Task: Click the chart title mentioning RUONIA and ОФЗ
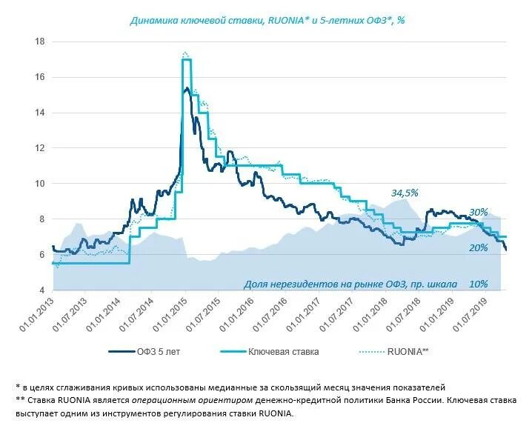(267, 21)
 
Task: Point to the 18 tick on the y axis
(39, 41)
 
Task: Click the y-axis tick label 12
(39, 148)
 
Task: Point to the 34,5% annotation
(405, 193)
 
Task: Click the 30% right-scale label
(479, 211)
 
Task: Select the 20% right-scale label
(479, 247)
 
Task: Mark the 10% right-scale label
(479, 284)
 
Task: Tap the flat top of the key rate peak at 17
(187, 59)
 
